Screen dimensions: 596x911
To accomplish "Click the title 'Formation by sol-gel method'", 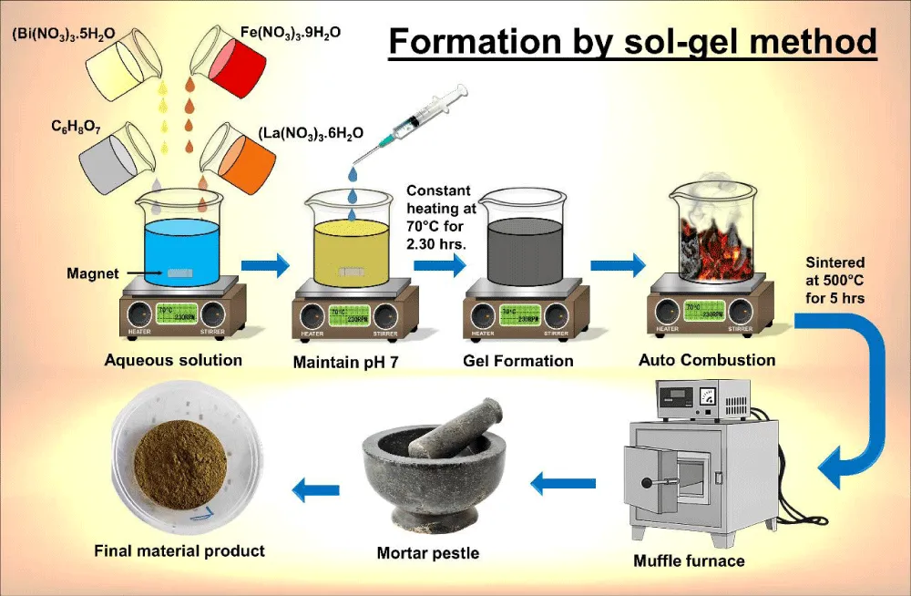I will pos(632,41).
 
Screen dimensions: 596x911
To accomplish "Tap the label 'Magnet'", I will pos(87,272).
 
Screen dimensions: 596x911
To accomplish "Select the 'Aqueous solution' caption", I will pos(173,360).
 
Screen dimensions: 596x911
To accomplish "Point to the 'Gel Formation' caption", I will pos(518,361).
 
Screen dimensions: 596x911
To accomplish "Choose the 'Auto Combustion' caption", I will pos(707,360).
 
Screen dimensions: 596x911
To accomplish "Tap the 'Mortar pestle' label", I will pos(428,553).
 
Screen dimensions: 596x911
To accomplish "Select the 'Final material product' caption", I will pos(179,550).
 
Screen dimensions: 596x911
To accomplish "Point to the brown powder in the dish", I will pos(180,464).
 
